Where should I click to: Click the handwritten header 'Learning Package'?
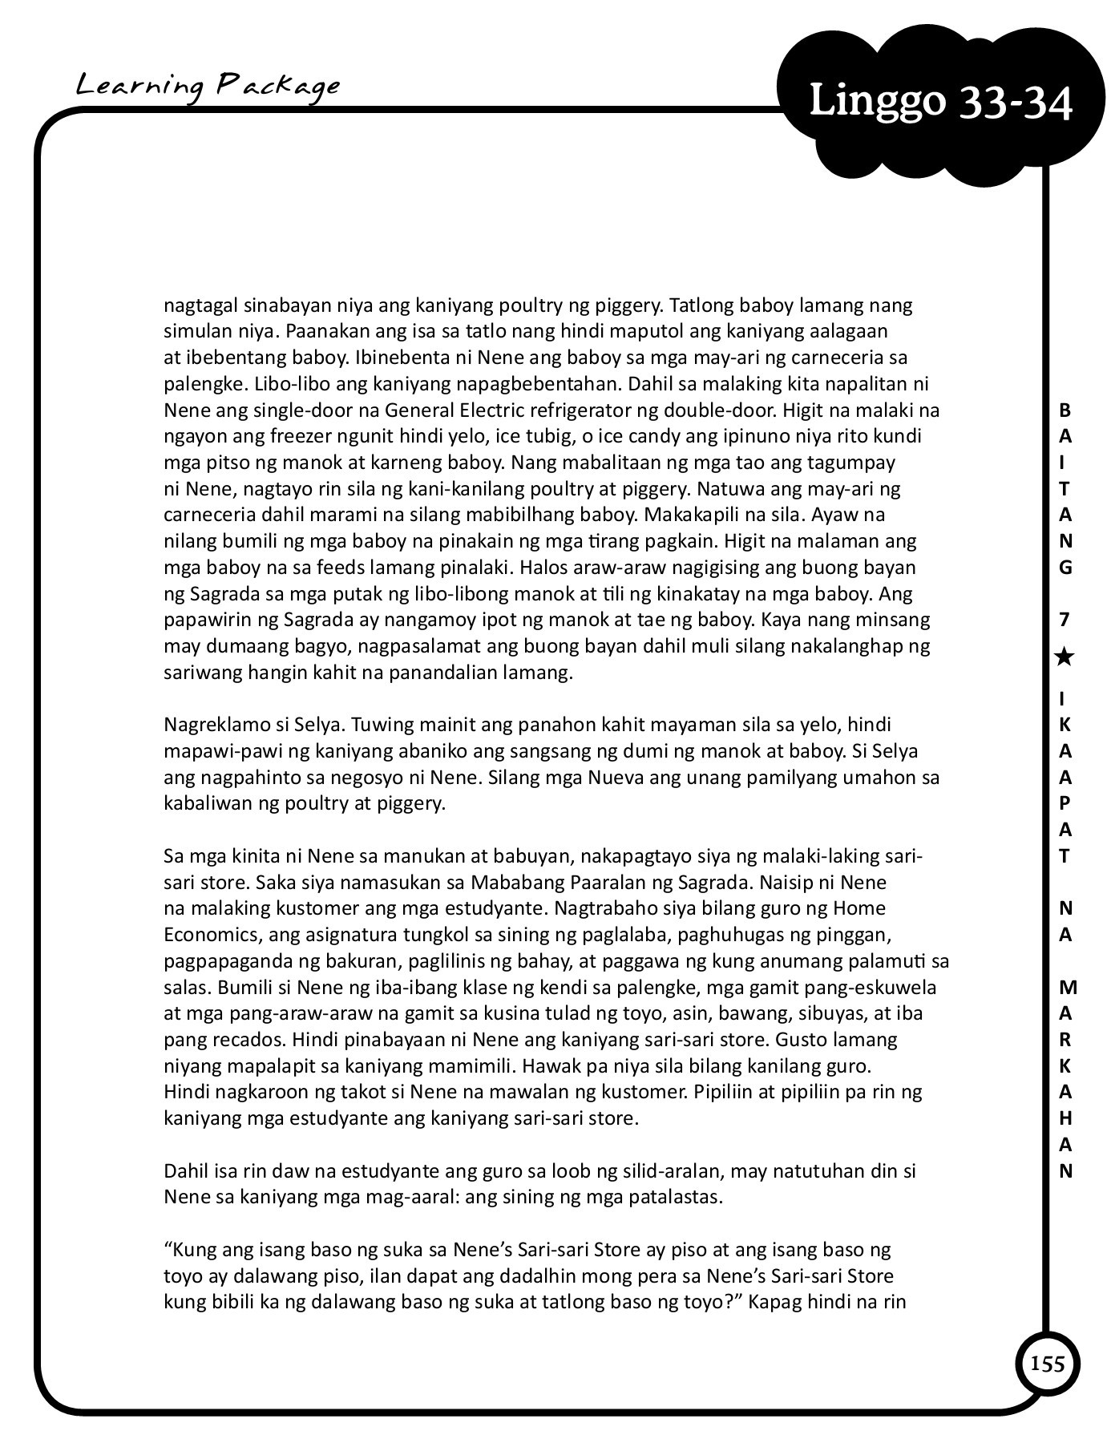(x=208, y=86)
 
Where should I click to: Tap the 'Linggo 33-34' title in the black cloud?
(x=940, y=103)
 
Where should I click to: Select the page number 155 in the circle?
(x=1048, y=1363)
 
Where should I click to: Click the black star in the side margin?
(x=1065, y=658)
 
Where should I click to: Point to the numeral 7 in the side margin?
(x=1065, y=619)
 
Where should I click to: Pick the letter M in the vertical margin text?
(x=1067, y=987)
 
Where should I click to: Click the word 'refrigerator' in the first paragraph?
(x=603, y=410)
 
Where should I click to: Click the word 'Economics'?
(x=208, y=935)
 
